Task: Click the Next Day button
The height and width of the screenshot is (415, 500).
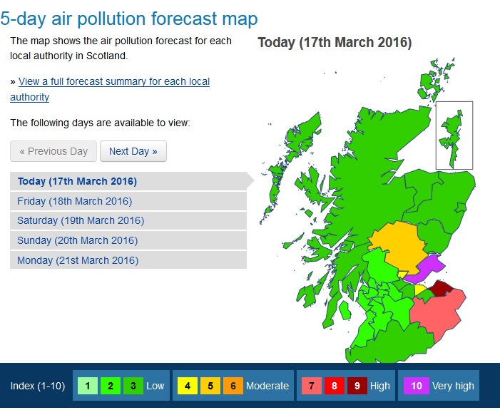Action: click(x=133, y=151)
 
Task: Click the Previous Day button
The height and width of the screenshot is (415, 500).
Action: click(x=53, y=151)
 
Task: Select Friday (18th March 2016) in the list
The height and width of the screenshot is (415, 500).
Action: click(x=74, y=201)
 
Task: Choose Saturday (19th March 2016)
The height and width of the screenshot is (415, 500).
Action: click(x=81, y=220)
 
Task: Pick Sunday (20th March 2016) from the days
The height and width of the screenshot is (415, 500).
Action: click(x=77, y=240)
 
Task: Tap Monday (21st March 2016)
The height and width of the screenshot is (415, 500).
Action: click(x=78, y=260)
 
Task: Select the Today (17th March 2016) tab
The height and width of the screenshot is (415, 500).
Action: click(x=77, y=181)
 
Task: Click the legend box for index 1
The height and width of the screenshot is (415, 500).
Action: click(x=87, y=386)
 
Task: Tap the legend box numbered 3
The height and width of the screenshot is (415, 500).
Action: click(x=133, y=386)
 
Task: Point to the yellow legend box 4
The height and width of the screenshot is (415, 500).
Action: click(x=187, y=386)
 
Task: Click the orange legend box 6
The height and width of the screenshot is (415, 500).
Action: click(x=233, y=386)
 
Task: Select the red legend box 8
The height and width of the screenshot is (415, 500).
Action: click(x=334, y=386)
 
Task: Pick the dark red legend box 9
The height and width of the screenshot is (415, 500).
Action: click(x=357, y=386)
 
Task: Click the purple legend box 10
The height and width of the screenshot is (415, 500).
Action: click(x=417, y=386)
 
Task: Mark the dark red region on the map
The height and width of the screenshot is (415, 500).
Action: click(x=442, y=288)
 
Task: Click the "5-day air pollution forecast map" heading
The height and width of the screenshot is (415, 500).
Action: click(x=129, y=19)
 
